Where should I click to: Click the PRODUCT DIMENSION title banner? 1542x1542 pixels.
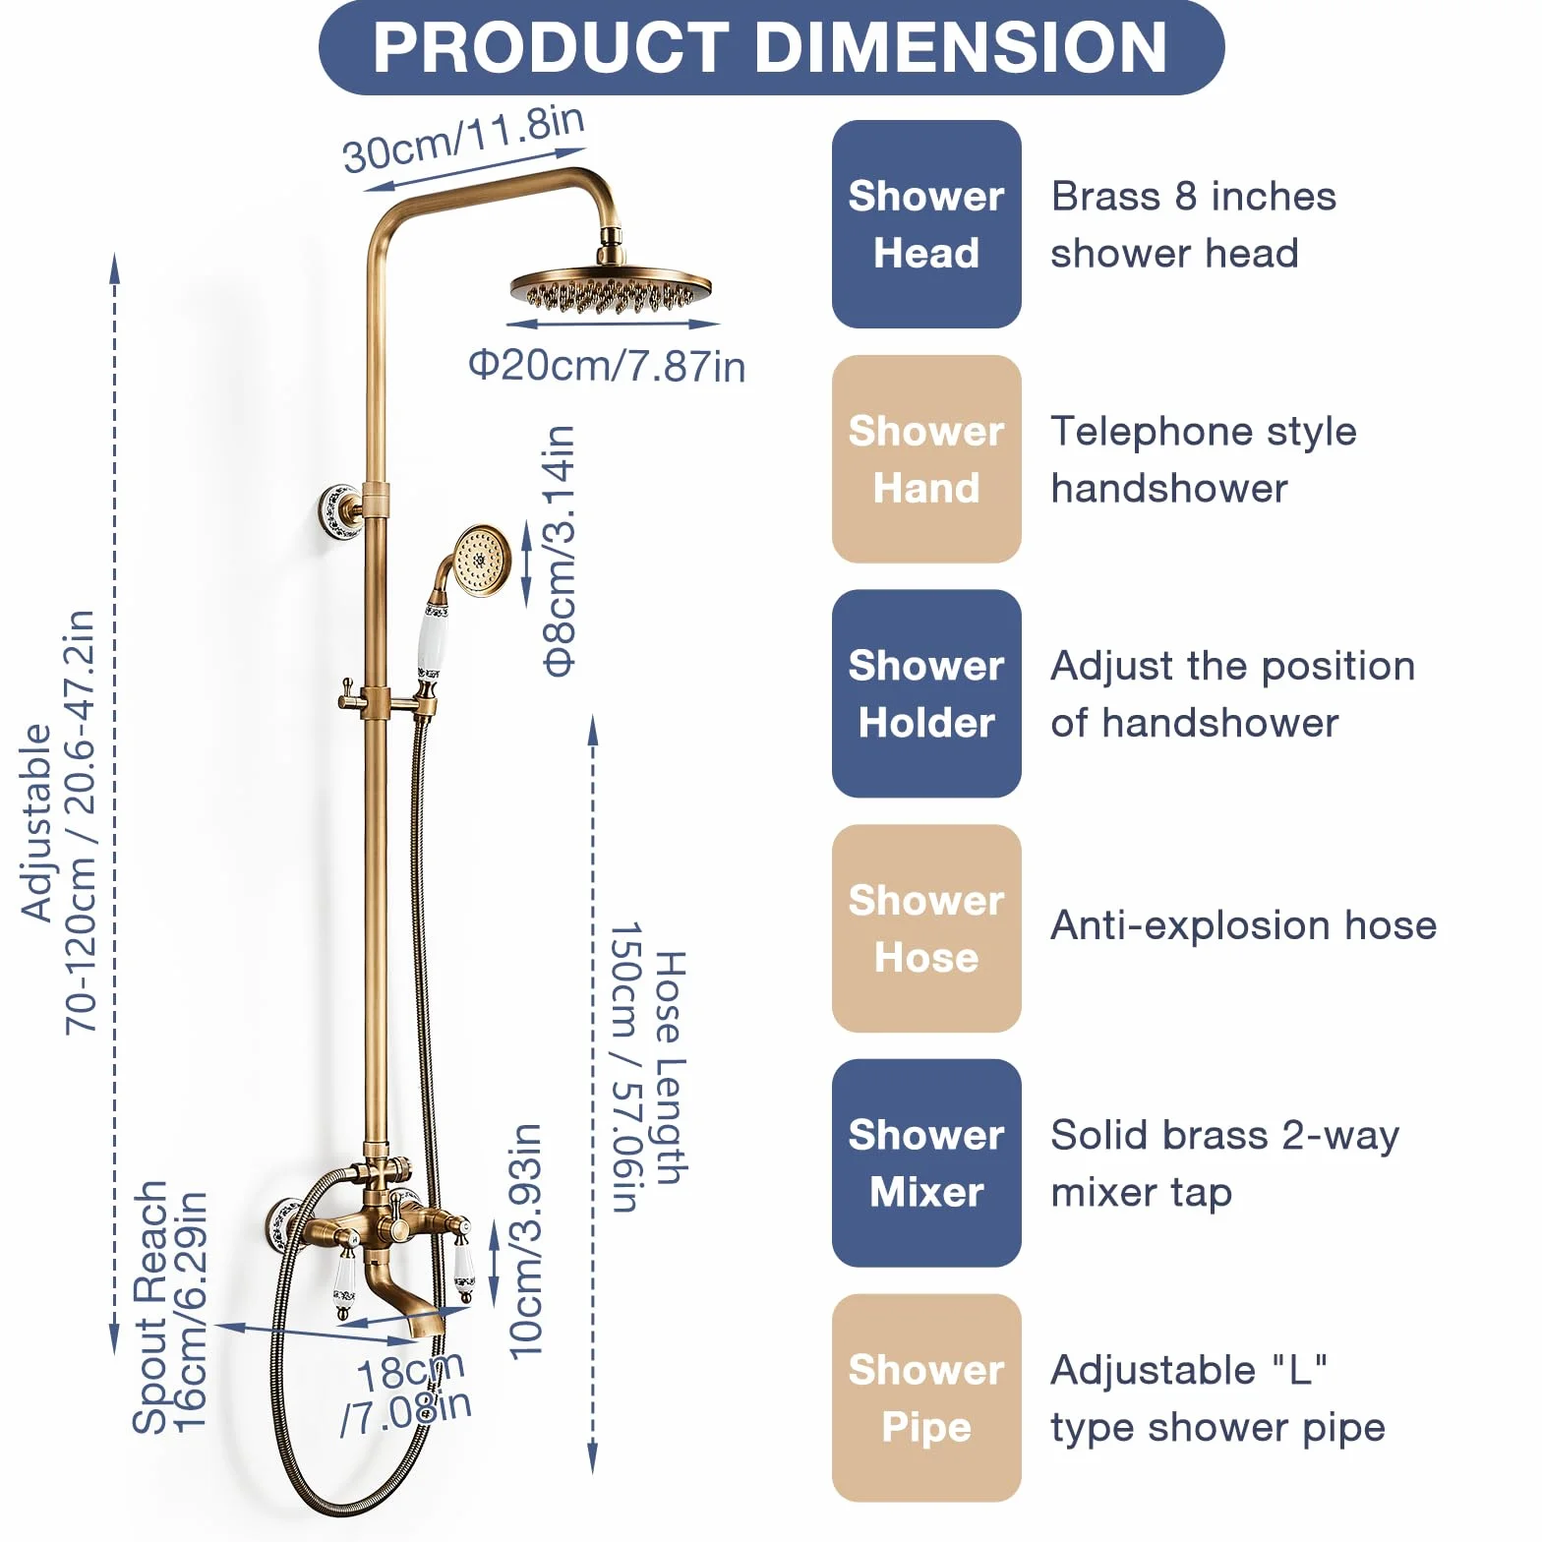click(x=771, y=47)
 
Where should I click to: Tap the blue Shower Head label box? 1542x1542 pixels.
click(x=926, y=224)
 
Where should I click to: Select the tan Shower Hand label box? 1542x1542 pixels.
click(x=926, y=459)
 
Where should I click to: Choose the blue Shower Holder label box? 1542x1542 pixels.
click(x=926, y=693)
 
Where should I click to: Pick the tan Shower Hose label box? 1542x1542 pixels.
click(x=926, y=928)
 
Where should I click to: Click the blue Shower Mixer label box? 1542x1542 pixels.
click(x=926, y=1163)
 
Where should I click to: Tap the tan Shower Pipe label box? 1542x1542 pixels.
click(x=926, y=1397)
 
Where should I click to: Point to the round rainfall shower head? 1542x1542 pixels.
click(x=611, y=288)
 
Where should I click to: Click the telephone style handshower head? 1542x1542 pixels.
click(x=481, y=561)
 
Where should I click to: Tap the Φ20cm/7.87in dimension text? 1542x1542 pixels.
click(x=607, y=366)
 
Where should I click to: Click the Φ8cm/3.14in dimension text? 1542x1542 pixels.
click(x=559, y=551)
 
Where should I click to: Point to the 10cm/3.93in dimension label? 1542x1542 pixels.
click(x=525, y=1241)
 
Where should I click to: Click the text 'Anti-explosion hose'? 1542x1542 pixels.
click(x=1244, y=925)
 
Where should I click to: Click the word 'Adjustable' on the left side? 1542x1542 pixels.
click(x=37, y=822)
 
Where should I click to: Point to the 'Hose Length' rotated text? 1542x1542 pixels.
click(x=671, y=1068)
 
